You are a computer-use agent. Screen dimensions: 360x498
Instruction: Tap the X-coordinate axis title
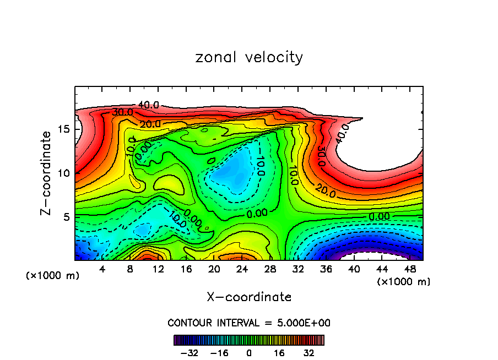[x=249, y=297]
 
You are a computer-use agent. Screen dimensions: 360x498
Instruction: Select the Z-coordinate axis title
[x=47, y=172]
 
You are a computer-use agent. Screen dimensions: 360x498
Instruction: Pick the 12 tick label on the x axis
[x=158, y=270]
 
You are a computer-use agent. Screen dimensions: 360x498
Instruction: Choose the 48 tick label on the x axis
[x=409, y=270]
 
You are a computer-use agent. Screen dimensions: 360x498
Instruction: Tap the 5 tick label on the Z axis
[x=64, y=217]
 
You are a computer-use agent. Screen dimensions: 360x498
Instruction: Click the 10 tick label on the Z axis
[x=61, y=173]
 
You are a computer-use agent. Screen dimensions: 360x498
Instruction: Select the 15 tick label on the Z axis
[x=61, y=129]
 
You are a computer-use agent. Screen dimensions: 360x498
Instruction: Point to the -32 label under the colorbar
[x=189, y=353]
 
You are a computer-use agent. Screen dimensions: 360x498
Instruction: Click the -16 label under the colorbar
[x=219, y=353]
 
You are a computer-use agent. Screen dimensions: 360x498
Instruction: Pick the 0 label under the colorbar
[x=249, y=353]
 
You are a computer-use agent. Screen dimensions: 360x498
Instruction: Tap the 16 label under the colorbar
[x=279, y=353]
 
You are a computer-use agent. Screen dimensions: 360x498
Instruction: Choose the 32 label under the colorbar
[x=308, y=353]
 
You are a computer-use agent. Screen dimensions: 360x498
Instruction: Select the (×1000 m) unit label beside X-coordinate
[x=404, y=282]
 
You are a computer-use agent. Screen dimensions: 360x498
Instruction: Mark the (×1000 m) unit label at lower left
[x=53, y=276]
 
